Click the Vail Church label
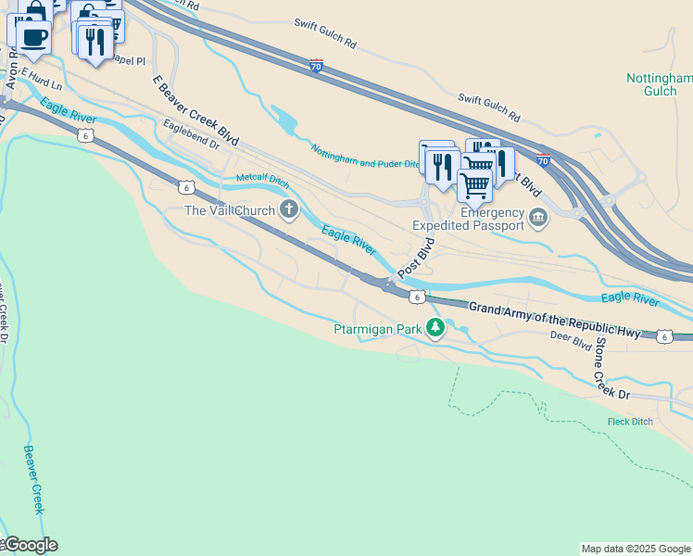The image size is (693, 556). click(230, 210)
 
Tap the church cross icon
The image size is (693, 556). click(289, 210)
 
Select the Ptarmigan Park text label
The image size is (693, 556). click(378, 328)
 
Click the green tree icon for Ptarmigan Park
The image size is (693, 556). click(435, 328)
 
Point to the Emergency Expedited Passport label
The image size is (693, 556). click(468, 218)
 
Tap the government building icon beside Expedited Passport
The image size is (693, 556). click(538, 218)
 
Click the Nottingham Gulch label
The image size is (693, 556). click(659, 84)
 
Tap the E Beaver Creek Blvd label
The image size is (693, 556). click(195, 110)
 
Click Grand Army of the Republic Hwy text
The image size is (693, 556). click(554, 321)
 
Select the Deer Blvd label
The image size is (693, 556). click(570, 341)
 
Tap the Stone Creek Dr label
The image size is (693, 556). click(611, 368)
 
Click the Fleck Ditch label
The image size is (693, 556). click(630, 422)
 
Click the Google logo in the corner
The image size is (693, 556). click(30, 545)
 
